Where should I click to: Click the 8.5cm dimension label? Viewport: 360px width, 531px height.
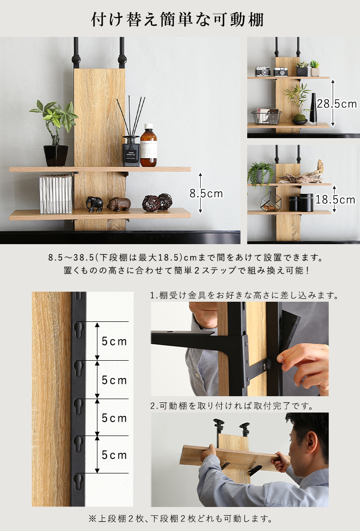tap(206, 193)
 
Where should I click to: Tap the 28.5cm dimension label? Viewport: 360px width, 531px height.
tap(337, 104)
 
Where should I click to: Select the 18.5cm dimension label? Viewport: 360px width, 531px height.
tap(336, 200)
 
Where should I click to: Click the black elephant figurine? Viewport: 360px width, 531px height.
tap(94, 204)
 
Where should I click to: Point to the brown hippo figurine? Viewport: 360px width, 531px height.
tap(119, 204)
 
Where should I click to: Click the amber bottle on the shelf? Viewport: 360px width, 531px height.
tap(148, 145)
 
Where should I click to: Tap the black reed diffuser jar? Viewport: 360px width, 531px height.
tap(131, 151)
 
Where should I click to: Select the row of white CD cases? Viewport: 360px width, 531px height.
tap(56, 194)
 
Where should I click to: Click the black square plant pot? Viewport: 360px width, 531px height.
tap(56, 155)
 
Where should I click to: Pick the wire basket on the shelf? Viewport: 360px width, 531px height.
tap(266, 117)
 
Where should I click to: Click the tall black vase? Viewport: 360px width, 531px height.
tap(313, 108)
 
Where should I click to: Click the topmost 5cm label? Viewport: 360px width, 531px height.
tap(114, 342)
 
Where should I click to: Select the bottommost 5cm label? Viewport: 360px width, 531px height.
tap(114, 455)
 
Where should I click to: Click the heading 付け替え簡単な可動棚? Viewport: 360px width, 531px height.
tap(177, 19)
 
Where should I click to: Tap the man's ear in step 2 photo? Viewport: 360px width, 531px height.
tap(311, 442)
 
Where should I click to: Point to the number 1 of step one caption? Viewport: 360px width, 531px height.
tap(152, 295)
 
